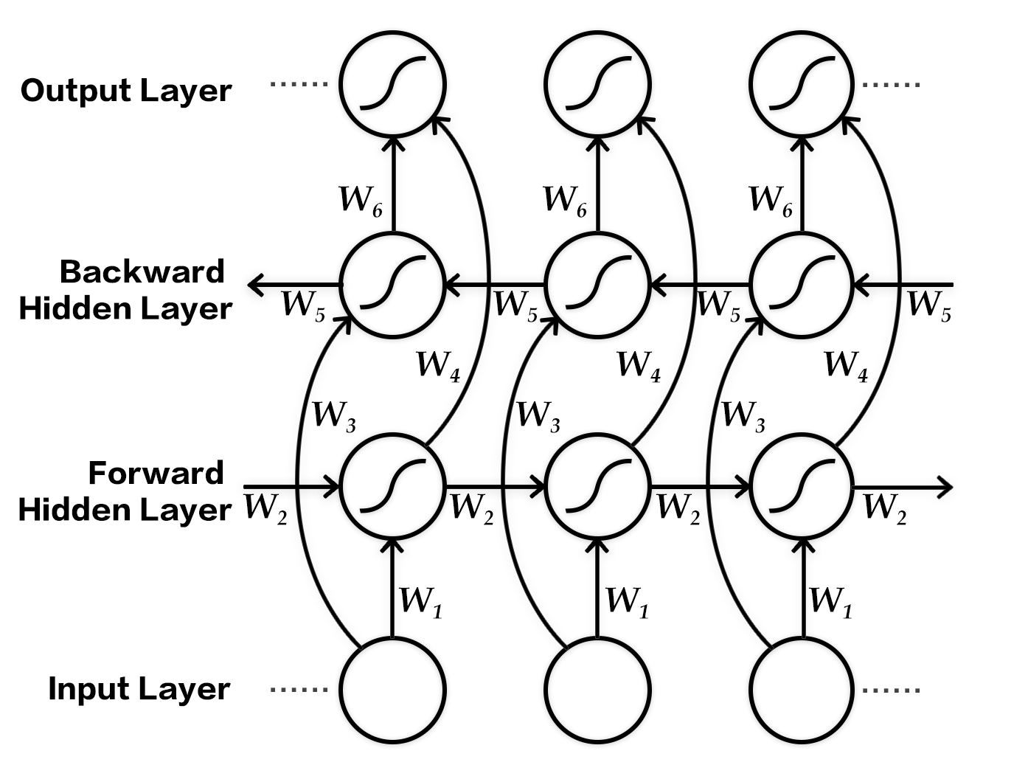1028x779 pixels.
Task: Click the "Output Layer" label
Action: [126, 91]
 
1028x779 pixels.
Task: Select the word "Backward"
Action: [142, 271]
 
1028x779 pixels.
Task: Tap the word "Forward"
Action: [156, 473]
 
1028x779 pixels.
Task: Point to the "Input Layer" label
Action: [139, 689]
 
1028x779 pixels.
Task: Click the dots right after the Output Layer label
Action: [299, 84]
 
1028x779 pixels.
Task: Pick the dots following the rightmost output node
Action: [892, 85]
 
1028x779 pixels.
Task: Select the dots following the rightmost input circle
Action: [892, 690]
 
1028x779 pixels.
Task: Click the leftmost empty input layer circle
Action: [392, 690]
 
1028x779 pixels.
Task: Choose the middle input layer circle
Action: [598, 690]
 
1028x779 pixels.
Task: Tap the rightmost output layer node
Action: [802, 83]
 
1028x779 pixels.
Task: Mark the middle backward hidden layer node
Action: [598, 284]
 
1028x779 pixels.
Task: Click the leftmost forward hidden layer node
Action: [392, 486]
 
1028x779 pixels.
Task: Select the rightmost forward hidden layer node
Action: [802, 486]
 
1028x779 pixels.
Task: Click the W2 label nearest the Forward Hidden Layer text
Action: [265, 508]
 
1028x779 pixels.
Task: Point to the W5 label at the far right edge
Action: [928, 305]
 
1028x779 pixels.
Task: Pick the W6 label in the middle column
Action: [565, 200]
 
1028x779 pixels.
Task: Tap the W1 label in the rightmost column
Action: [830, 601]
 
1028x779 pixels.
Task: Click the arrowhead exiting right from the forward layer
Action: [945, 486]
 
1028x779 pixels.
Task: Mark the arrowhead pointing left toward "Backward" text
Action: [256, 284]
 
